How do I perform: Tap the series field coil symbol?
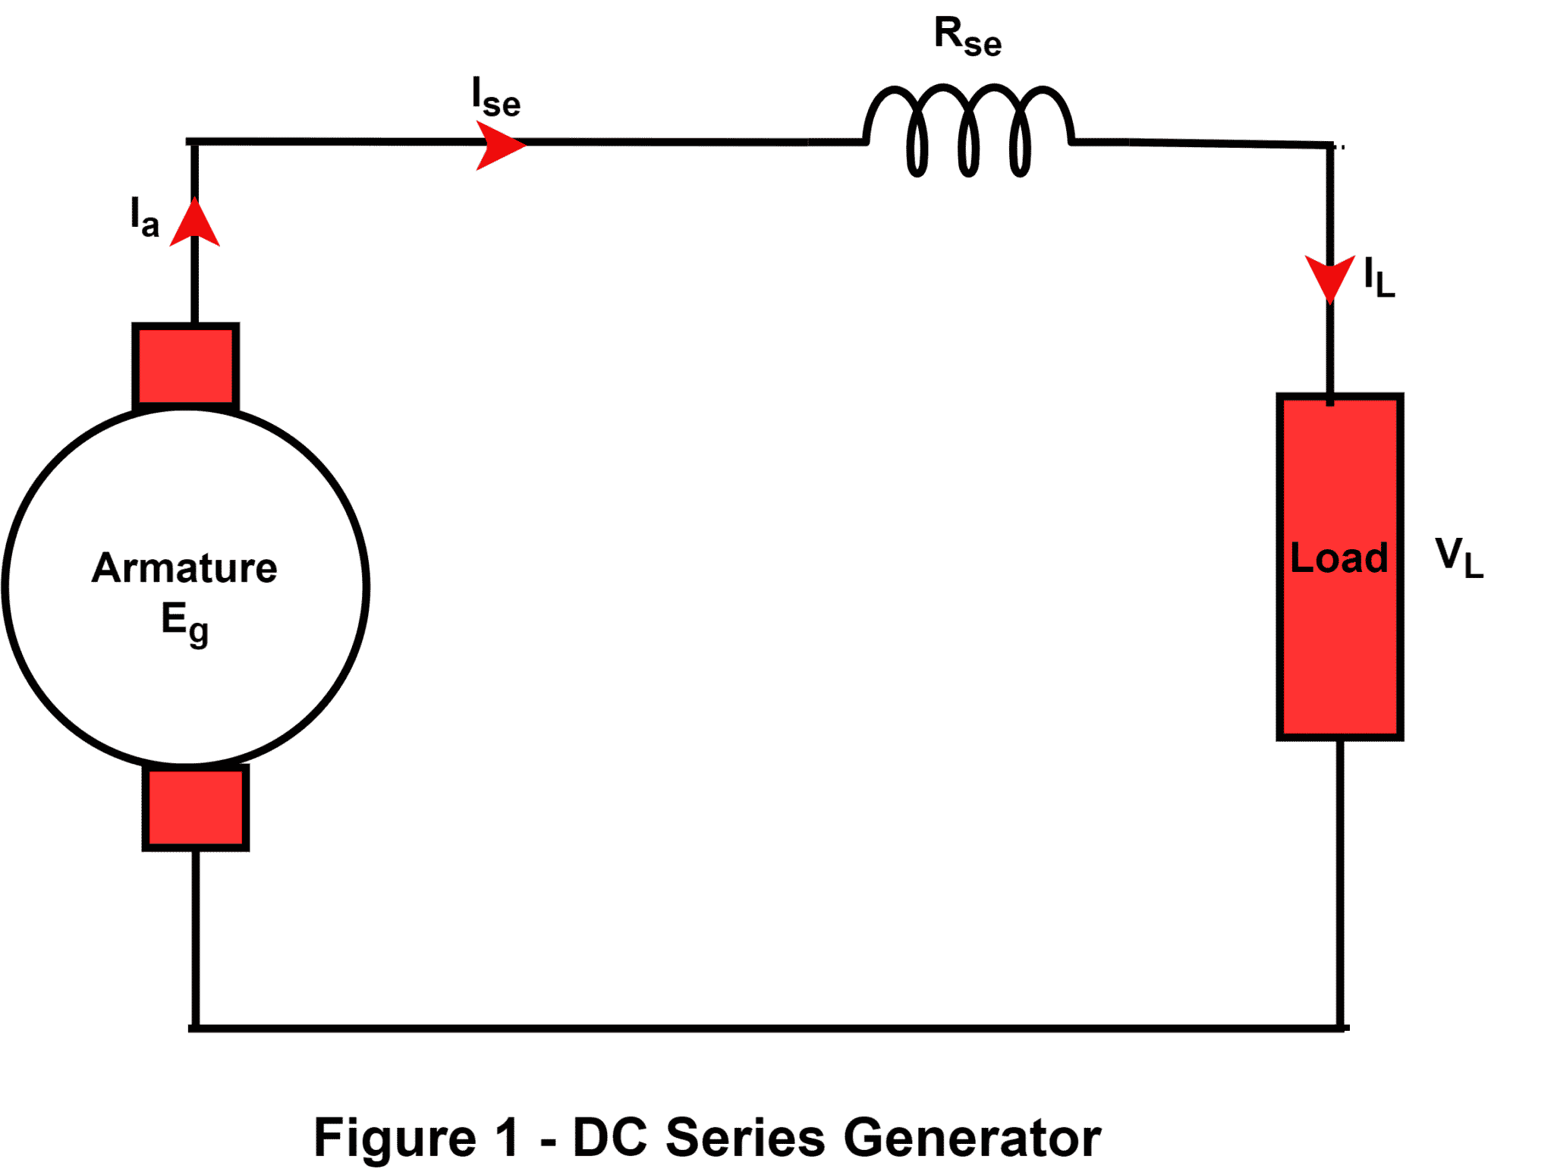click(967, 129)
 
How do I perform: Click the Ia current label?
click(144, 217)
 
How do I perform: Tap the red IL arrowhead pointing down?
click(1329, 277)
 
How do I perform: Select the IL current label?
click(1378, 278)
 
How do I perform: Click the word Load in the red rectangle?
click(1339, 559)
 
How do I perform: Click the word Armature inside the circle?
click(184, 568)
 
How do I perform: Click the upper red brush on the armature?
click(186, 366)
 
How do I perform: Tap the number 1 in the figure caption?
click(507, 1138)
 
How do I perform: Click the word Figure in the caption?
click(395, 1138)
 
